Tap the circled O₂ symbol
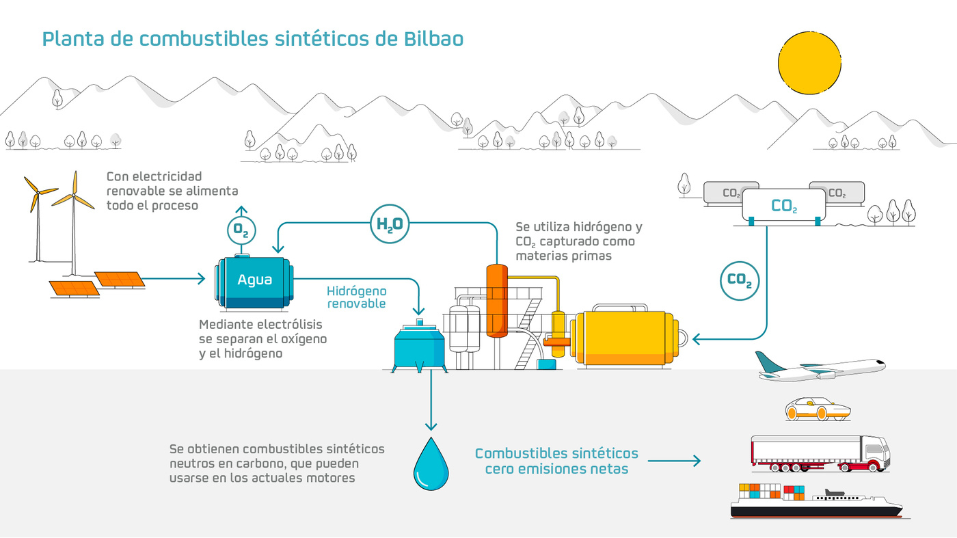point(241,230)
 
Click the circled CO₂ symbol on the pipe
point(740,280)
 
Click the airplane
point(820,368)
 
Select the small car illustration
point(817,409)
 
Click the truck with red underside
point(820,453)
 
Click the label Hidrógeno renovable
point(356,297)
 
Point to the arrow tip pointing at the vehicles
point(698,461)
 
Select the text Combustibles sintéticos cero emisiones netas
point(556,461)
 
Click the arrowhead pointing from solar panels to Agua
point(202,278)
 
